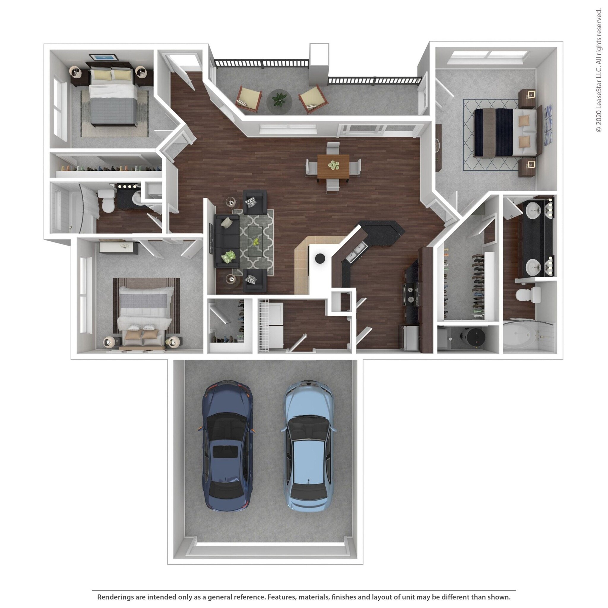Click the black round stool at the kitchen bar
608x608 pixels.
pos(320,258)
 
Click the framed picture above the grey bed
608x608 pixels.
pos(104,58)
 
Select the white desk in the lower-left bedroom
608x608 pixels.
pos(118,247)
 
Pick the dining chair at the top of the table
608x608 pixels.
pos(333,148)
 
